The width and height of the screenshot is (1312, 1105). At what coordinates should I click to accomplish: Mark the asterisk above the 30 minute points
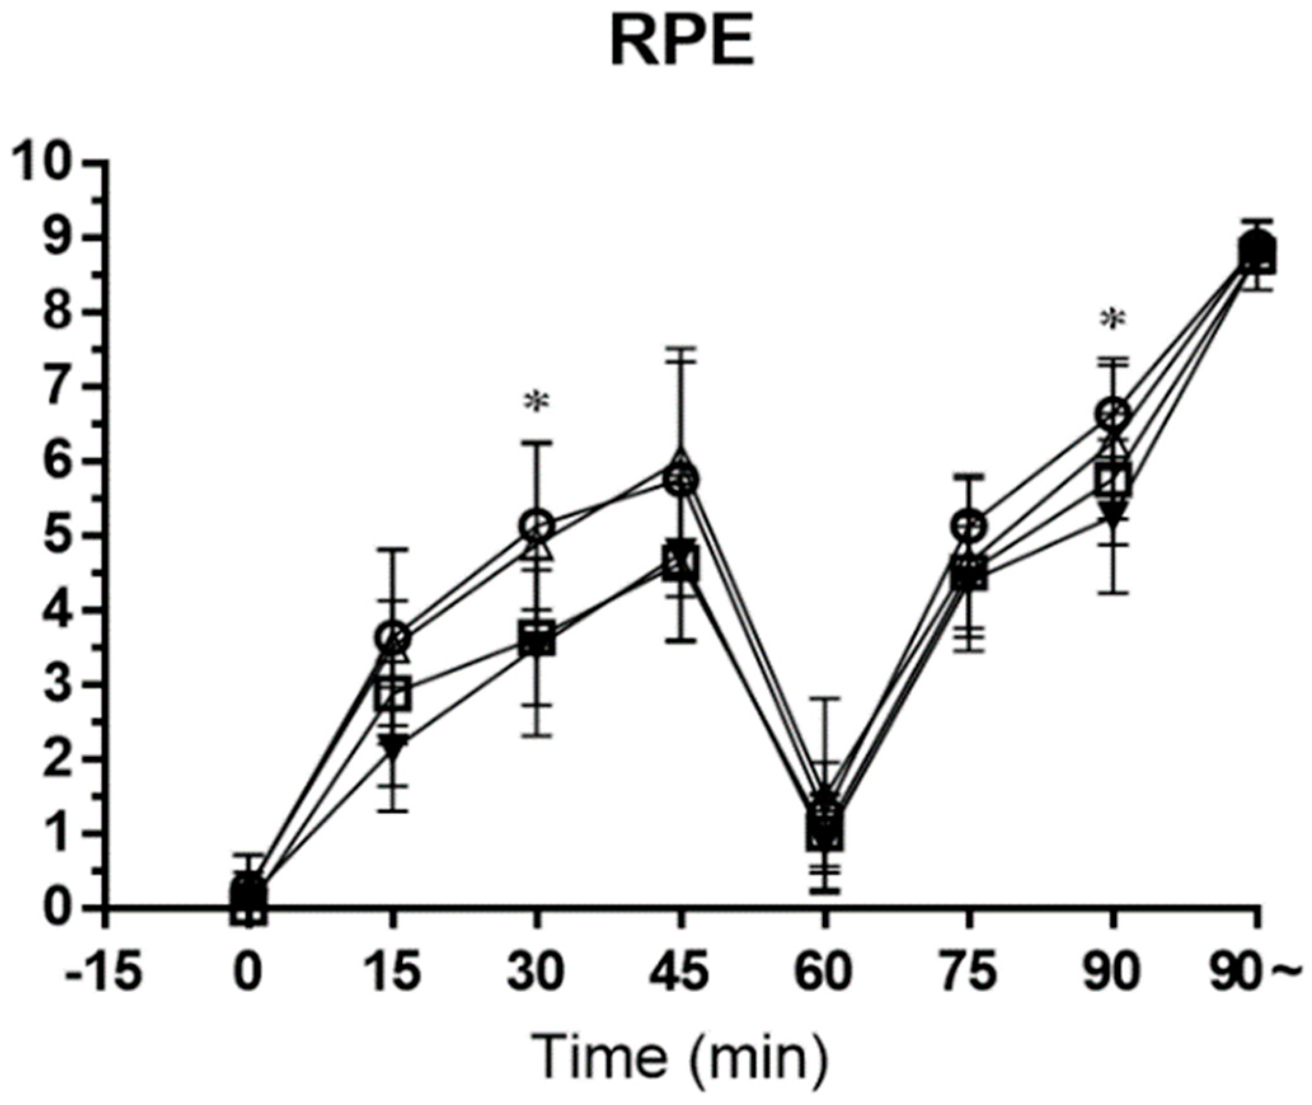[x=537, y=403]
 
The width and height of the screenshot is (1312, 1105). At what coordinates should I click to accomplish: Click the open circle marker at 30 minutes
[x=537, y=525]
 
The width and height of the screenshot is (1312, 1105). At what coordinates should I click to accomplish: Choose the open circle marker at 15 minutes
[x=393, y=636]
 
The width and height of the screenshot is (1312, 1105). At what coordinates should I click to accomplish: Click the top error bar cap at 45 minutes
[x=680, y=349]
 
